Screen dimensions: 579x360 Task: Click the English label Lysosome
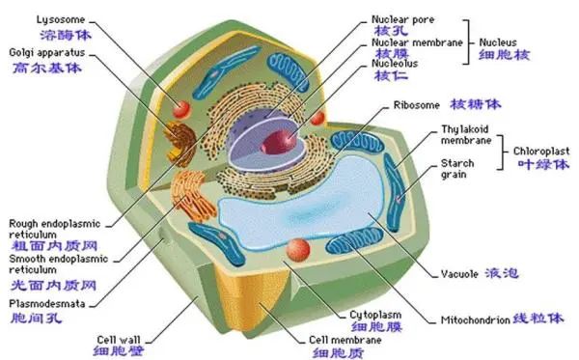pos(61,19)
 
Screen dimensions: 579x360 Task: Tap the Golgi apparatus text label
pos(47,52)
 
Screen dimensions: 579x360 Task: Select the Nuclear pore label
pos(402,19)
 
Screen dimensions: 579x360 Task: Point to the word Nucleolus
pos(395,64)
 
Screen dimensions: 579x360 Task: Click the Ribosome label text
pos(417,105)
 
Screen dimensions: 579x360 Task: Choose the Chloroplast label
pos(541,151)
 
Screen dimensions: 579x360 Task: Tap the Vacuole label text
pos(459,274)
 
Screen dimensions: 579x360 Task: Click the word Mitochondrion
pos(475,319)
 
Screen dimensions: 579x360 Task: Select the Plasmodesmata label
pos(47,304)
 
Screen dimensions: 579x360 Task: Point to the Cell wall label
pos(119,340)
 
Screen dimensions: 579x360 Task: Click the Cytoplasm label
pos(375,315)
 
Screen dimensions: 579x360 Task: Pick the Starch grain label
pos(457,168)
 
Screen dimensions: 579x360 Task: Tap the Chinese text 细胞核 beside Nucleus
pos(504,55)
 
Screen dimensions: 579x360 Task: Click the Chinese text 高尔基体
pos(47,68)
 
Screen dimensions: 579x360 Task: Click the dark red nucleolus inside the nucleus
pos(279,142)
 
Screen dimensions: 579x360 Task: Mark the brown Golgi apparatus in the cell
pos(179,143)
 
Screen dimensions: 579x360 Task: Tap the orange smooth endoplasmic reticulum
pos(192,194)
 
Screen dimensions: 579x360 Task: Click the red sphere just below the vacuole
pos(298,250)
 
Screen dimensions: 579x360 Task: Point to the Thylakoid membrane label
pos(466,135)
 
